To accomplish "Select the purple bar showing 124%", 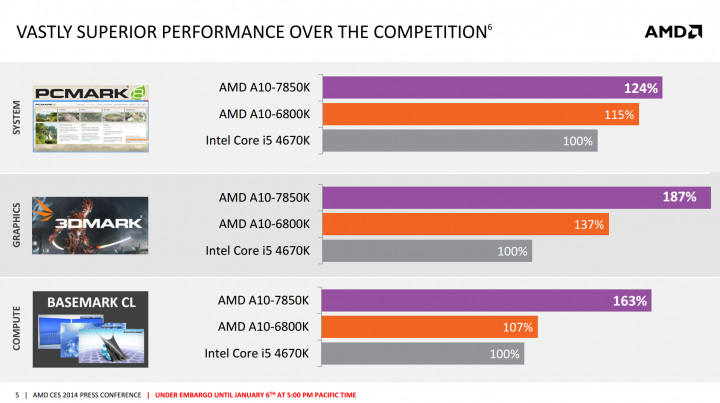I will [x=491, y=88].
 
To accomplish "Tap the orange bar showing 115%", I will [x=480, y=114].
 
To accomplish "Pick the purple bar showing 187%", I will [x=510, y=197].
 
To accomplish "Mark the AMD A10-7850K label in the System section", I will [x=264, y=88].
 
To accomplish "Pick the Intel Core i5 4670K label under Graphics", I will [x=257, y=250].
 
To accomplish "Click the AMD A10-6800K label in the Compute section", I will [x=264, y=327].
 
